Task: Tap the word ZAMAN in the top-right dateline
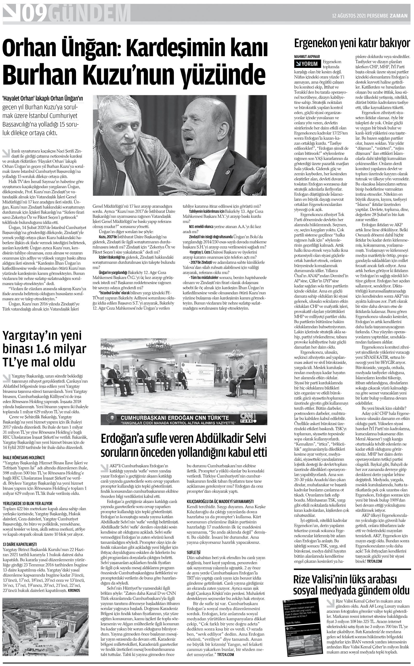pyautogui.click(x=399, y=16)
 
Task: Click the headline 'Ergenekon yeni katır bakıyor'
pyautogui.click(x=352, y=43)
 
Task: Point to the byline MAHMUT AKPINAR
pyautogui.click(x=307, y=56)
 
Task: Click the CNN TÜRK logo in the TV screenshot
pyautogui.click(x=247, y=418)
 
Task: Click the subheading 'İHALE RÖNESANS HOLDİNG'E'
pyautogui.click(x=24, y=457)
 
